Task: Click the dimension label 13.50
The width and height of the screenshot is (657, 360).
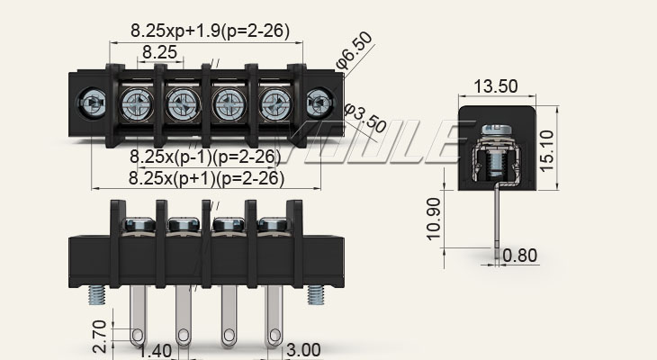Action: [495, 86]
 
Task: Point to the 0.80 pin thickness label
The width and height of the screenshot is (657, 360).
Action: [520, 256]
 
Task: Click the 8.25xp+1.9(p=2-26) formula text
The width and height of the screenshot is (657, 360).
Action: [210, 31]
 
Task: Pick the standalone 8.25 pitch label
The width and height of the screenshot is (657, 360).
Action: [159, 52]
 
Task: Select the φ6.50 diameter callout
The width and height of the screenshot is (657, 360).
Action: [355, 52]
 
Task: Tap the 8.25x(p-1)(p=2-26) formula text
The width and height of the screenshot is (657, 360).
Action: [205, 157]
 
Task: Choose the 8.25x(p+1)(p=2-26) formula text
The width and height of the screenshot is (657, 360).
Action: [205, 177]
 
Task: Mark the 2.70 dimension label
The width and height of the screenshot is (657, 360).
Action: [100, 336]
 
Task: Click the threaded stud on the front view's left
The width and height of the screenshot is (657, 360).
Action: [93, 295]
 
